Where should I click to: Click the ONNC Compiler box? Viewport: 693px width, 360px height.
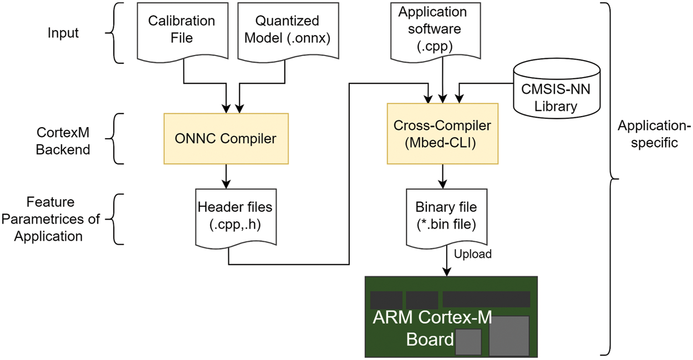click(226, 139)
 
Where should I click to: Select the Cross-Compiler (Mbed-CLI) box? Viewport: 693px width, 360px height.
click(442, 134)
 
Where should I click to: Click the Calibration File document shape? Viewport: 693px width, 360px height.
click(182, 31)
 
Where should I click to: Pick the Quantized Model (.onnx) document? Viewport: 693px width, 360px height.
click(287, 31)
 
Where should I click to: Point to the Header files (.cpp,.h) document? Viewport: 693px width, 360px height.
click(235, 216)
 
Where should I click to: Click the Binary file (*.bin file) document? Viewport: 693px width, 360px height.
click(446, 216)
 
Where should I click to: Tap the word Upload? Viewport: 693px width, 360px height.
click(472, 254)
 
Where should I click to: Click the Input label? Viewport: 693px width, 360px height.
click(63, 33)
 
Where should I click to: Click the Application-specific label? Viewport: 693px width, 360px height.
click(654, 134)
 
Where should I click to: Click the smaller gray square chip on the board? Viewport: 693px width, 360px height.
click(467, 342)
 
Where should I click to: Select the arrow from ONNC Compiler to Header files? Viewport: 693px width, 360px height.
click(226, 176)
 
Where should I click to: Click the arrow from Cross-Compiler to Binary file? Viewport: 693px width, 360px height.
click(442, 176)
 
